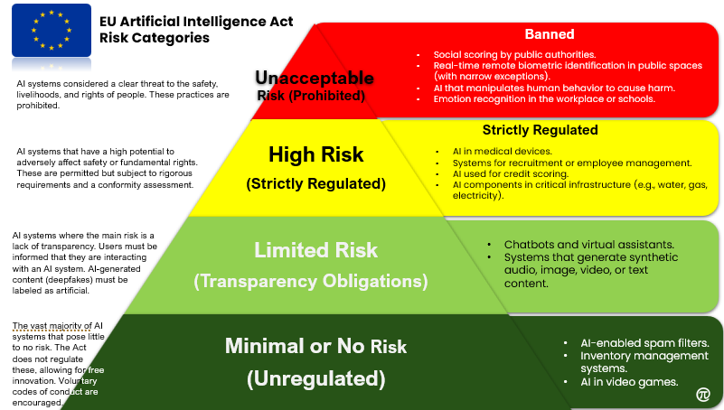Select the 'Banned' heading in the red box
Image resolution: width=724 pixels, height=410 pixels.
pos(550,34)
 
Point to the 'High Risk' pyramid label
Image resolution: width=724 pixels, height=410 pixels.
pos(316,154)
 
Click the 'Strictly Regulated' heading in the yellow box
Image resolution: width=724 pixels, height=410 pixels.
pos(540,130)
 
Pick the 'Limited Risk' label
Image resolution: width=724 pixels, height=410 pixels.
pos(315,249)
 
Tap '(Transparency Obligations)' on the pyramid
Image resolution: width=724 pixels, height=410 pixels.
pos(311,281)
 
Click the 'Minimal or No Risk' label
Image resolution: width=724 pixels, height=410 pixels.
pos(315,346)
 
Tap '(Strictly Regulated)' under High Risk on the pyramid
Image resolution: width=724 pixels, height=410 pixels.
pos(316,184)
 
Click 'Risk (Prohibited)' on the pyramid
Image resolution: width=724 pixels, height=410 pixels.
pos(311,95)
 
